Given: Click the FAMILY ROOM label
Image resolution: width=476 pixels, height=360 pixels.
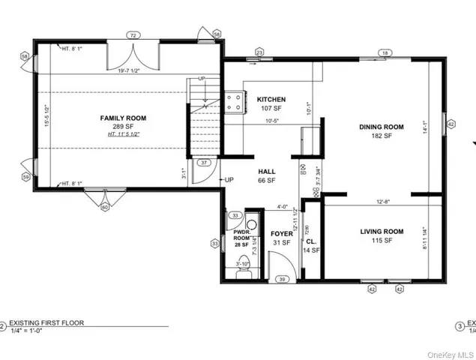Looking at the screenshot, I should click(124, 118).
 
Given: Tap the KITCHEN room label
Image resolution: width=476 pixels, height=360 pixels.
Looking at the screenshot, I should click(271, 100).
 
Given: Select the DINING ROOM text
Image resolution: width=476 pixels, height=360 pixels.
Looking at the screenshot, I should click(381, 127).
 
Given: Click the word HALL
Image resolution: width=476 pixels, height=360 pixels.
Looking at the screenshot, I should click(267, 172).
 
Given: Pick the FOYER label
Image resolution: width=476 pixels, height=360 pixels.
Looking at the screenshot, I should click(281, 233).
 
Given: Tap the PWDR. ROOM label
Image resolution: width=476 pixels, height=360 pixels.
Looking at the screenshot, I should click(241, 233).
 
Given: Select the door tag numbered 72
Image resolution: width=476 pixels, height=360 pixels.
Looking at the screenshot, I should click(133, 35).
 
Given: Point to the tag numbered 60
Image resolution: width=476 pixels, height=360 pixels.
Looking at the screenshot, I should click(105, 206).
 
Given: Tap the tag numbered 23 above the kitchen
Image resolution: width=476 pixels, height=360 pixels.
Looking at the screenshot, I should click(260, 52).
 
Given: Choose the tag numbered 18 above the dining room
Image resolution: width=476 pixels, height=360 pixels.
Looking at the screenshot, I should click(385, 53).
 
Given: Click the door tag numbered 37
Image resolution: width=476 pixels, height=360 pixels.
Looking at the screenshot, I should click(203, 162).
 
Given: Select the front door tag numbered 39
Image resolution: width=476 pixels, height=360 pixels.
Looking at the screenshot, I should click(282, 279).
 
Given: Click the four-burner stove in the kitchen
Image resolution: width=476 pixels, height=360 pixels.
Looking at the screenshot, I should click(232, 103).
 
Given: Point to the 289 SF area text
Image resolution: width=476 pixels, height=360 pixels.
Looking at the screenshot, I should click(124, 126).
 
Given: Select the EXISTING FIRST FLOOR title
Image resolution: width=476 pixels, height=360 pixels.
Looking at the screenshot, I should click(46, 323).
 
